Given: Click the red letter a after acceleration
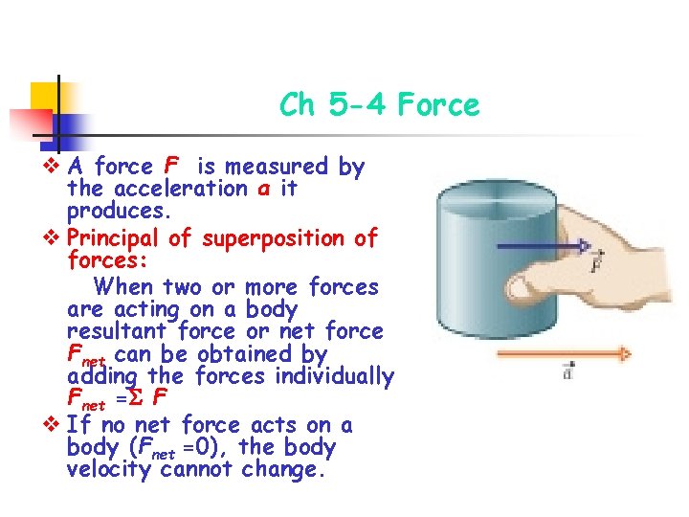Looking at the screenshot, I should [x=262, y=189].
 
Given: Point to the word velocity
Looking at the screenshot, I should [x=107, y=469].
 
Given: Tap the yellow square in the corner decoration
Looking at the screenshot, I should [x=47, y=96].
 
